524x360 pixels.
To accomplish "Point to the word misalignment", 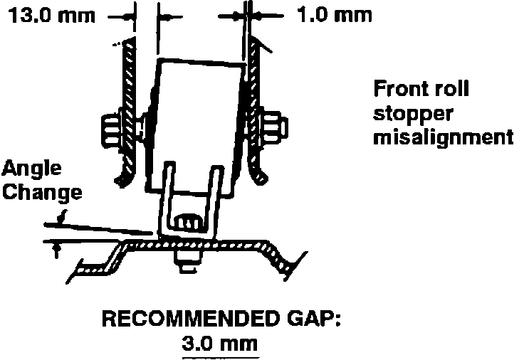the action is pyautogui.click(x=443, y=137).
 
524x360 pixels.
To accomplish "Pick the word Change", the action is pyautogui.click(x=41, y=193).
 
